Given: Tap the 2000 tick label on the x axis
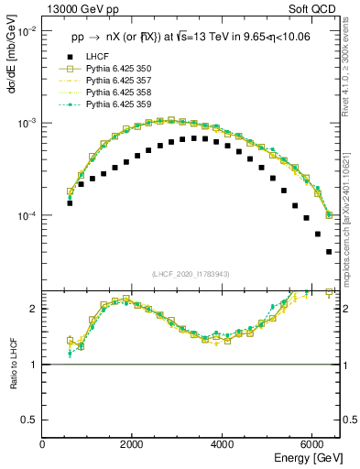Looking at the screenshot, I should pos(132,443).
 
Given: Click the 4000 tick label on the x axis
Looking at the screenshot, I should pos(222,443).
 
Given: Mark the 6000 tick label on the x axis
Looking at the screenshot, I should pos(311,443).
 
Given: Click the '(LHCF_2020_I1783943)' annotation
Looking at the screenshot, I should pos(191,274).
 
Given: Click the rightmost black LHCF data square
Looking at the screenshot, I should pos(329,252).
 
